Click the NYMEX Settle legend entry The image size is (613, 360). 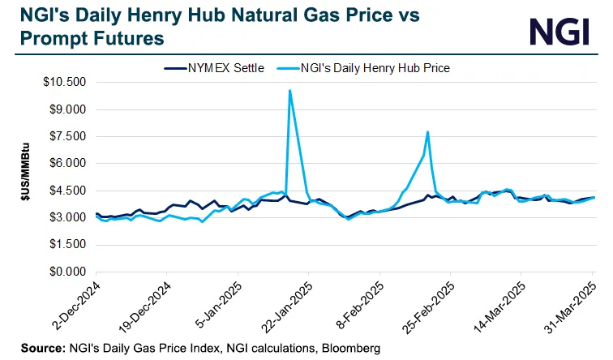tap(214, 68)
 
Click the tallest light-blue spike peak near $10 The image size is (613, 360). tap(289, 91)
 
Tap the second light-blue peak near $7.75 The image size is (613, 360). tap(427, 132)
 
